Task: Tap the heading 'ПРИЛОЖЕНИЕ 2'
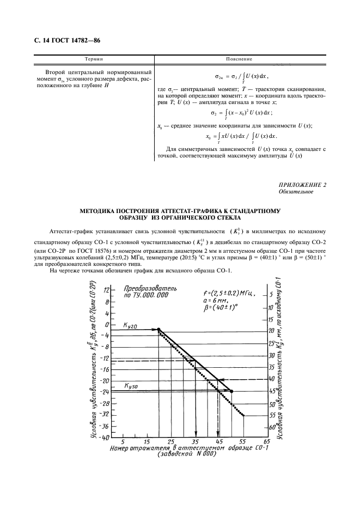point(302,185)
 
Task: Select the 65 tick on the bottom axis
point(267,441)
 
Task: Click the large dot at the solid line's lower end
point(231,391)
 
